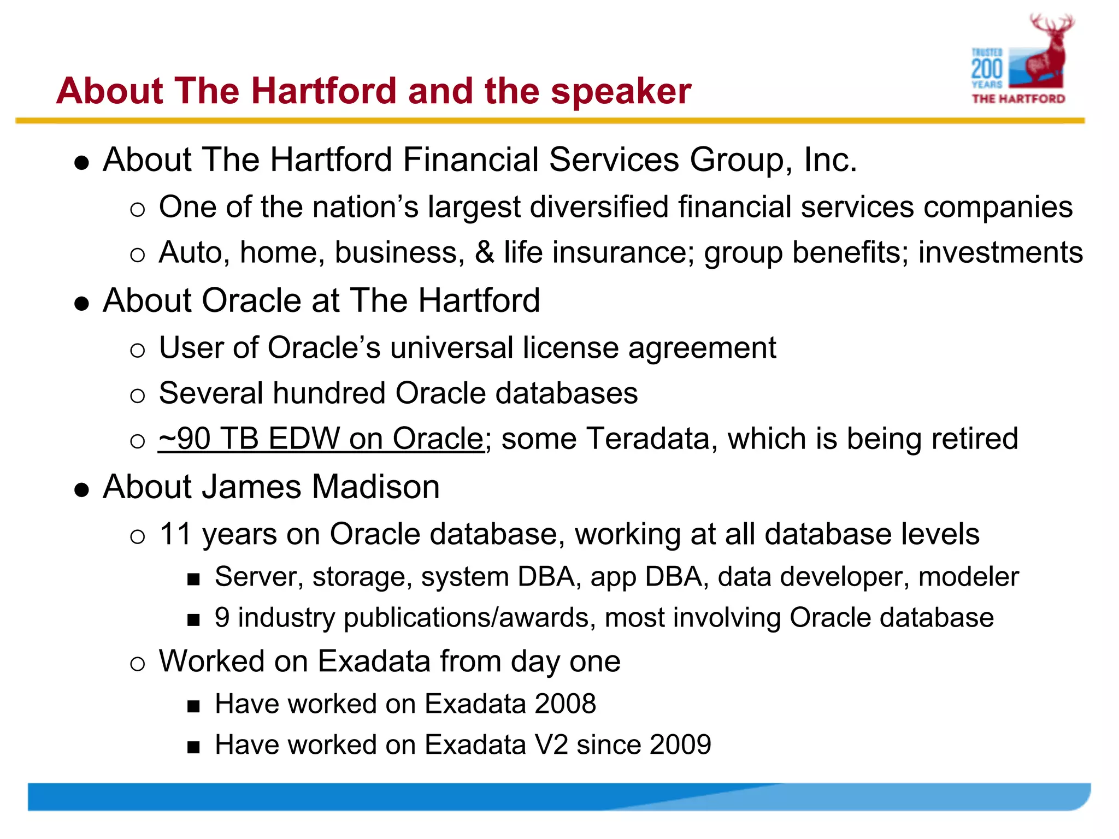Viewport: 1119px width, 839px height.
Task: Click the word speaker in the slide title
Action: point(621,91)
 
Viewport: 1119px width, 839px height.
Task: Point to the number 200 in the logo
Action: point(987,69)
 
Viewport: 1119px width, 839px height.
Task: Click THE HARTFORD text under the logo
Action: point(1018,99)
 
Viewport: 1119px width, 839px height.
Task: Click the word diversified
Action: point(599,208)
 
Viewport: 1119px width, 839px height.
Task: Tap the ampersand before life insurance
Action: point(484,253)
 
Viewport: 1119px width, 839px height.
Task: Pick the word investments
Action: point(1000,253)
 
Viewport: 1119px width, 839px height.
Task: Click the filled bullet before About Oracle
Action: point(82,304)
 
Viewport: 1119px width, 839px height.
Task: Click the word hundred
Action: point(329,393)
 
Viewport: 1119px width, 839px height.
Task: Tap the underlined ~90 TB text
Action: point(208,439)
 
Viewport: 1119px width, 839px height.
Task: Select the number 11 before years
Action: point(175,534)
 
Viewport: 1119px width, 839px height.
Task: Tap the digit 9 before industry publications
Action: point(222,618)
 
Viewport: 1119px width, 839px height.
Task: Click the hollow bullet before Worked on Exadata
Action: point(138,664)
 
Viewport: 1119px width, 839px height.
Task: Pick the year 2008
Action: point(565,704)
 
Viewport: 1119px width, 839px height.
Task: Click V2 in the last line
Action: point(551,745)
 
